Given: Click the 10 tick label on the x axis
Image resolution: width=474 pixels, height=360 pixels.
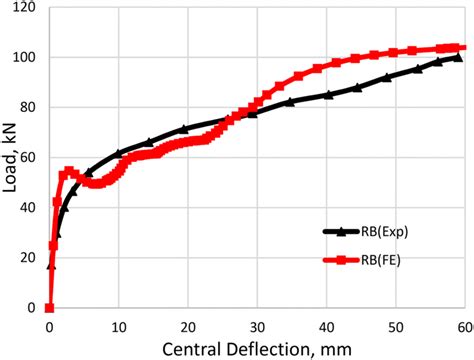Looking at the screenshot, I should pos(118,326).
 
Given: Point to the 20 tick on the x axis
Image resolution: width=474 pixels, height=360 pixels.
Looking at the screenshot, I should pos(188,326).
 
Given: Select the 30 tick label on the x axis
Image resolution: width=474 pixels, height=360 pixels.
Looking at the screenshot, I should pos(257,326).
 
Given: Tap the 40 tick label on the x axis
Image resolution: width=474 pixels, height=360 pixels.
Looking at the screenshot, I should pos(327,326).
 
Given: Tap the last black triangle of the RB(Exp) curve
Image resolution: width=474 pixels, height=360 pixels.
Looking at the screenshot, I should pos(458,58).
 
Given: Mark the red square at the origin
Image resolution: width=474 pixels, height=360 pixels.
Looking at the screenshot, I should pos(49,307).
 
